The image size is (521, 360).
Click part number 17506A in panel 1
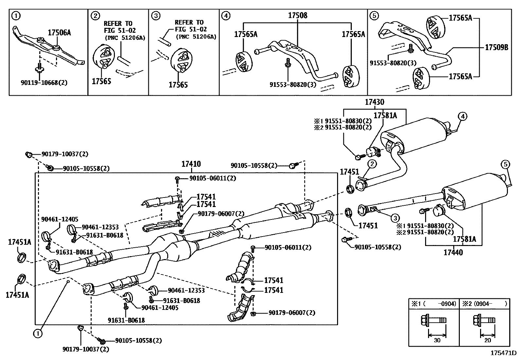point(59,32)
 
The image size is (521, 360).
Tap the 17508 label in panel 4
point(297,15)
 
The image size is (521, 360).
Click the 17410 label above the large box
point(191,164)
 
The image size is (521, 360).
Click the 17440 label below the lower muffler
point(453,252)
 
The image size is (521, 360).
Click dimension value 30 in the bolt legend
point(437,340)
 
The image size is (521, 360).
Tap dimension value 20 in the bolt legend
point(487,340)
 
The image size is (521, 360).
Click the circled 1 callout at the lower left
point(38,333)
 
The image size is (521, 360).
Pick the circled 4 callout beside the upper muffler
point(462,116)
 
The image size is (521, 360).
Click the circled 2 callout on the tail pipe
point(372,163)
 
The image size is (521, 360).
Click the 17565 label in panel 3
point(178,85)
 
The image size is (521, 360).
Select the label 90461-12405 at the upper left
point(60,219)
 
